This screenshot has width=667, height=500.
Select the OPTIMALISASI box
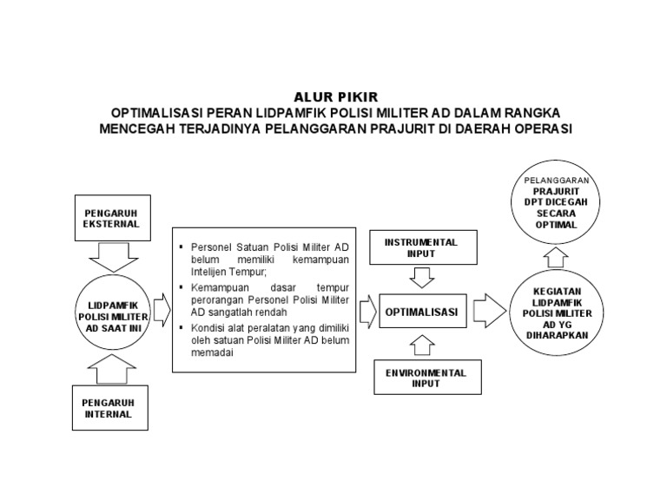coord(422,311)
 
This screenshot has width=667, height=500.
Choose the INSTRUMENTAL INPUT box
coord(422,247)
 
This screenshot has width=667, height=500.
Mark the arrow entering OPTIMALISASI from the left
coord(366,310)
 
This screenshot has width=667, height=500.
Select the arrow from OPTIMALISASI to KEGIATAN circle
coord(490,310)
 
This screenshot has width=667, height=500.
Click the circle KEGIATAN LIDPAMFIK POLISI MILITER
coord(561,312)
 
